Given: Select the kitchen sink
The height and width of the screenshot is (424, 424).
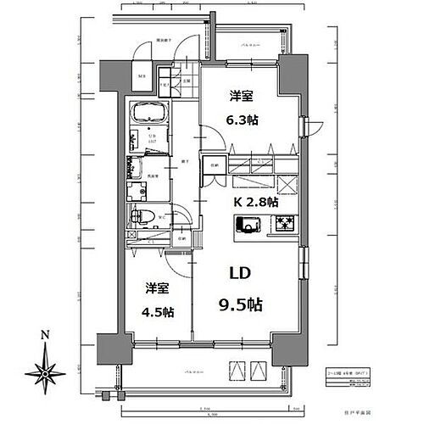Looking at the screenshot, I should (249, 225).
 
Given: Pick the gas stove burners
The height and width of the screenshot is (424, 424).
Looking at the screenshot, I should (283, 225).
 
